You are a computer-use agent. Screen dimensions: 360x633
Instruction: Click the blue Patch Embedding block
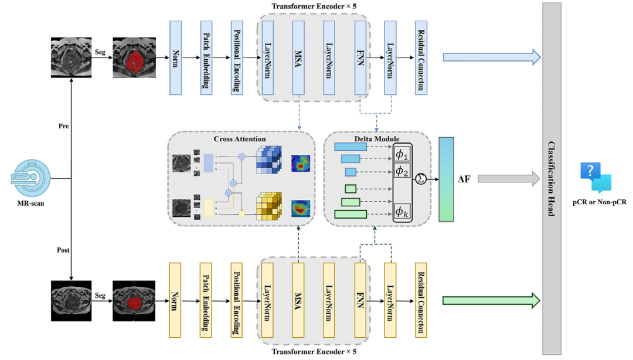206,57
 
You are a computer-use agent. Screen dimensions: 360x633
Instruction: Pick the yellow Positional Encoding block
237,300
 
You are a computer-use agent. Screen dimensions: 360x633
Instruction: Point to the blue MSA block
298,57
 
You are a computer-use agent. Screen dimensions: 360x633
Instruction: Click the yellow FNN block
360,300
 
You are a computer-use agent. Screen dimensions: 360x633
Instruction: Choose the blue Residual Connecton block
420,57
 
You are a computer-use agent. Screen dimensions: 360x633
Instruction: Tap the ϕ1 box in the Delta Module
403,154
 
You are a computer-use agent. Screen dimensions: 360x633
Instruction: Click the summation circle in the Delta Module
420,179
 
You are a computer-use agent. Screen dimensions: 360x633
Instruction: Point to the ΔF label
463,178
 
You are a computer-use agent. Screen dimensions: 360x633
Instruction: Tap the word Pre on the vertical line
63,125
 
